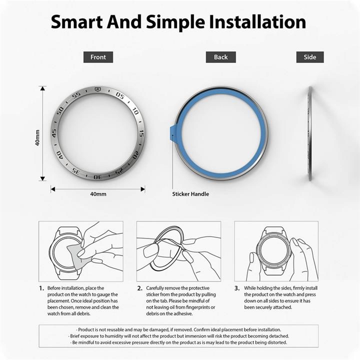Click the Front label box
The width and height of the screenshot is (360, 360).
(98, 57)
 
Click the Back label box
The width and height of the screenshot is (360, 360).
(220, 57)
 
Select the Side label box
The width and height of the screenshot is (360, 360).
(309, 57)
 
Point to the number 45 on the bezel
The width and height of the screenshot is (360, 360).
(54, 133)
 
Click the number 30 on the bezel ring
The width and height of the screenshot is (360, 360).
(97, 176)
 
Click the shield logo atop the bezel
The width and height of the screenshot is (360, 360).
(98, 90)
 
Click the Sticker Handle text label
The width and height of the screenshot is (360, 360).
(190, 194)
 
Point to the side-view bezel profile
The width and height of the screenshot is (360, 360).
(310, 133)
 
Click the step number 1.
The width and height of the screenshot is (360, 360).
(41, 288)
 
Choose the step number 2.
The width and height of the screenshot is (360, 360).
(139, 288)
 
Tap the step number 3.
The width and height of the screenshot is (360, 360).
(237, 288)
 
